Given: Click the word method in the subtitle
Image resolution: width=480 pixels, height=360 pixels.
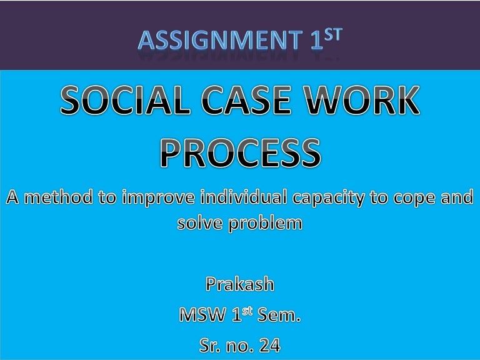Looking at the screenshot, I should (54, 199).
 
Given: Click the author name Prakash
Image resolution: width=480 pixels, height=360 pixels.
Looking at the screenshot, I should (240, 285).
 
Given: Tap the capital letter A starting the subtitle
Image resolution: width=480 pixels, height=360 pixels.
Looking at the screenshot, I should (14, 199).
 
